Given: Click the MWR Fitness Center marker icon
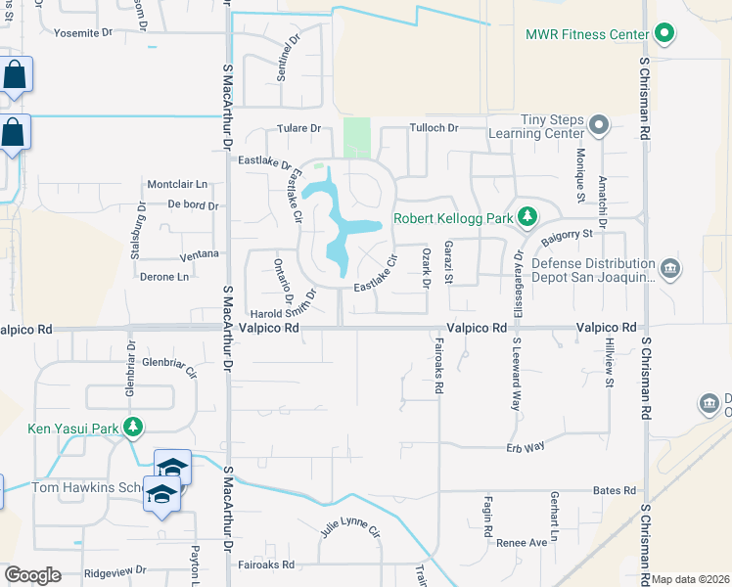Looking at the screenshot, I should tap(664, 34).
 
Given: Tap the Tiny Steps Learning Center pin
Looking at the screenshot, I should tap(599, 125).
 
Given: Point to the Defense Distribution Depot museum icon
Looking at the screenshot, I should tap(669, 268).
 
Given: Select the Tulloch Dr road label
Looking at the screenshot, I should tap(434, 128).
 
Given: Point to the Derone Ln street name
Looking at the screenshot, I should tap(163, 277).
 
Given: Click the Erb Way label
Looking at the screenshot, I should tap(525, 446).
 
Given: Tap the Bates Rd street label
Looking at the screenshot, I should tap(615, 491).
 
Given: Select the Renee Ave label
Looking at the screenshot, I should tap(522, 542).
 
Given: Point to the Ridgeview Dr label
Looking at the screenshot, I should tap(115, 569).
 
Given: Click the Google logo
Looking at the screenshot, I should tap(32, 575).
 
